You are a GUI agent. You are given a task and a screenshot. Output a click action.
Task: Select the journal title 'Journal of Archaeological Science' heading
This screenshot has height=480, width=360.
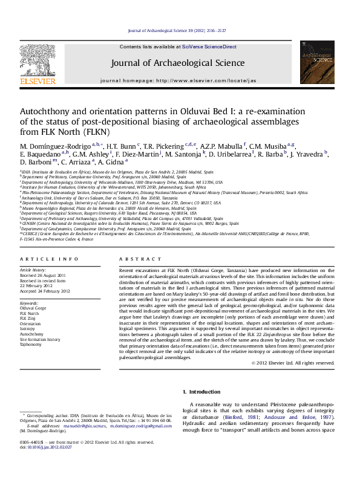[177, 63]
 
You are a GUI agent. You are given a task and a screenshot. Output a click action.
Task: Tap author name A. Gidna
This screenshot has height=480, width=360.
[111, 162]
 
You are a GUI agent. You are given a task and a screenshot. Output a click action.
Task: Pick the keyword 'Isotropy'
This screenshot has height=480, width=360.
[28, 328]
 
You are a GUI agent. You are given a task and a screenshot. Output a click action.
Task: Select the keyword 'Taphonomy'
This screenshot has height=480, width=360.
[31, 345]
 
